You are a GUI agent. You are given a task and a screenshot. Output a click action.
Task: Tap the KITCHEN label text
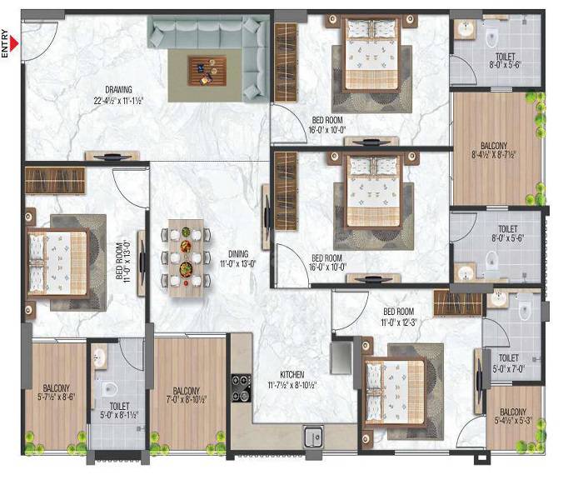(x=291, y=375)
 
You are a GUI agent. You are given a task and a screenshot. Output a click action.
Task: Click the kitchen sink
(x=315, y=435)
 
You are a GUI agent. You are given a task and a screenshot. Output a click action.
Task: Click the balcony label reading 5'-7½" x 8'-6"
(x=57, y=392)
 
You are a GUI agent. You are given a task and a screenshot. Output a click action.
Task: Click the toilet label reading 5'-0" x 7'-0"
(x=509, y=360)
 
